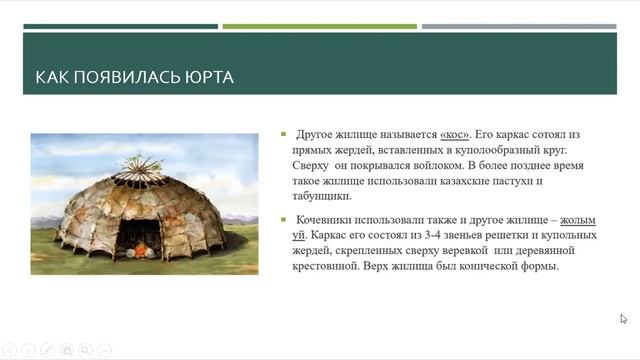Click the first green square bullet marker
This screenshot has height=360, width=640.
pos(285,134)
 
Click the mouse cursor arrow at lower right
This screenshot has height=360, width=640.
pos(623,319)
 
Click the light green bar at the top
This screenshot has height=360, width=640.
pos(319,27)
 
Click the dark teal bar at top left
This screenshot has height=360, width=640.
pos(120,27)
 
